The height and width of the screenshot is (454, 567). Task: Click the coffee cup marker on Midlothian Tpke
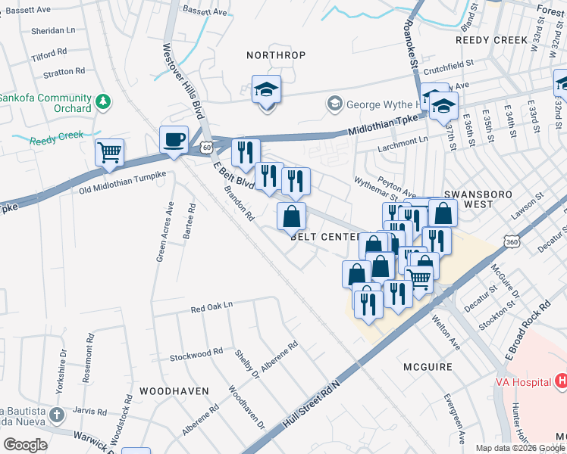point(174,140)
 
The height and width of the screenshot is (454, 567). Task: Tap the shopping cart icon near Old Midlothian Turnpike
point(109,152)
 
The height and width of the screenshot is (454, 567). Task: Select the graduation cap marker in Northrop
point(266,90)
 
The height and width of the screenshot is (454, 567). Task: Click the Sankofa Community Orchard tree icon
point(104,101)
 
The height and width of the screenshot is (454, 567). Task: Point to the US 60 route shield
point(207,148)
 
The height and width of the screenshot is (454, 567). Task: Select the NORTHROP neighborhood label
point(276,55)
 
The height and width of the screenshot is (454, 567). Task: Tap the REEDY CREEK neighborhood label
point(491,39)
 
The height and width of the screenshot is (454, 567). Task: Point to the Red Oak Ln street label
point(211,309)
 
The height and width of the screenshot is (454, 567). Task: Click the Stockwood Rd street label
point(196,353)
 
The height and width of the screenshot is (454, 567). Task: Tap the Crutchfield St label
point(448,65)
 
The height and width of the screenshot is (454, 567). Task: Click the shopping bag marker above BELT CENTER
point(291,216)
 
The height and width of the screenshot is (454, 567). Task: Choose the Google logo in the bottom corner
point(24,445)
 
